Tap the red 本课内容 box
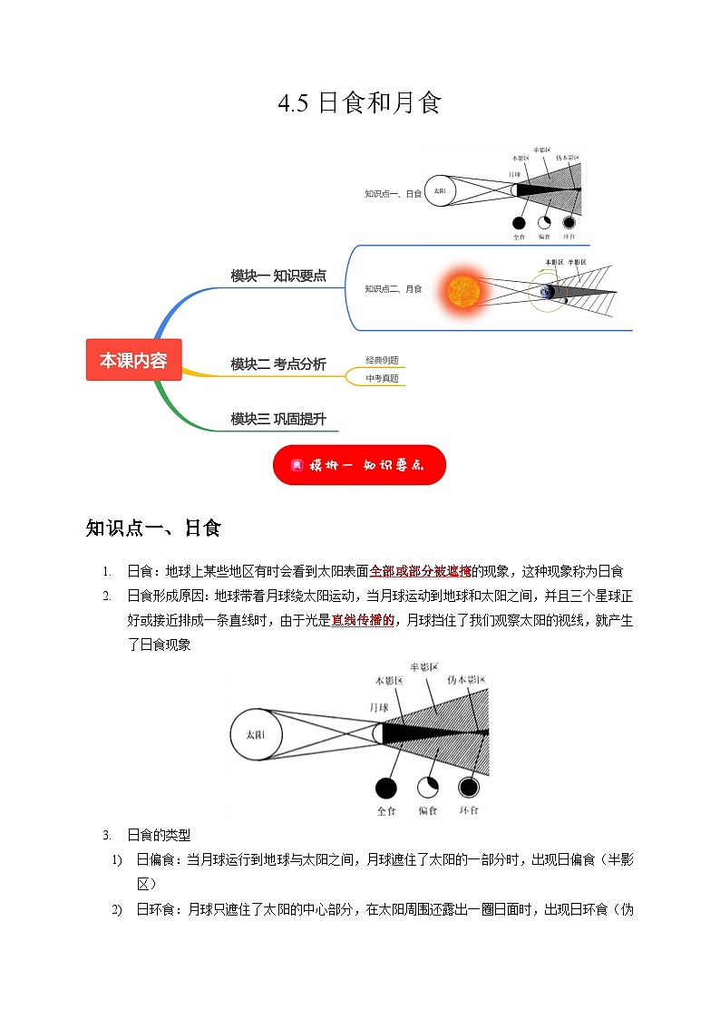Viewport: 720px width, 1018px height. (x=133, y=360)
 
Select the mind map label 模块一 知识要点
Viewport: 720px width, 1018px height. (x=278, y=276)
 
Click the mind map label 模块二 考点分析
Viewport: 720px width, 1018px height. (x=278, y=364)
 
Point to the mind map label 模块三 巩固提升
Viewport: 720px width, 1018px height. (x=278, y=419)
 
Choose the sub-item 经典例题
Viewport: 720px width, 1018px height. (x=382, y=360)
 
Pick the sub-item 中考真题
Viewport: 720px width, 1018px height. (x=382, y=378)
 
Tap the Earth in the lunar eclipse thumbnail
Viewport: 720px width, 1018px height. (x=548, y=291)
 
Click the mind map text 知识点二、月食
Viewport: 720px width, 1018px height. (x=394, y=289)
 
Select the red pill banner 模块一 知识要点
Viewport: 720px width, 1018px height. (x=359, y=465)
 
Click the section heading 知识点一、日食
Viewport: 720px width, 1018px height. (x=153, y=528)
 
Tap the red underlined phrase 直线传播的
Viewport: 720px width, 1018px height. (x=362, y=620)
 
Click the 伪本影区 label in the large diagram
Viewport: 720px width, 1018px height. (x=466, y=680)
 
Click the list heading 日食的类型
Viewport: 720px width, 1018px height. (x=159, y=835)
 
